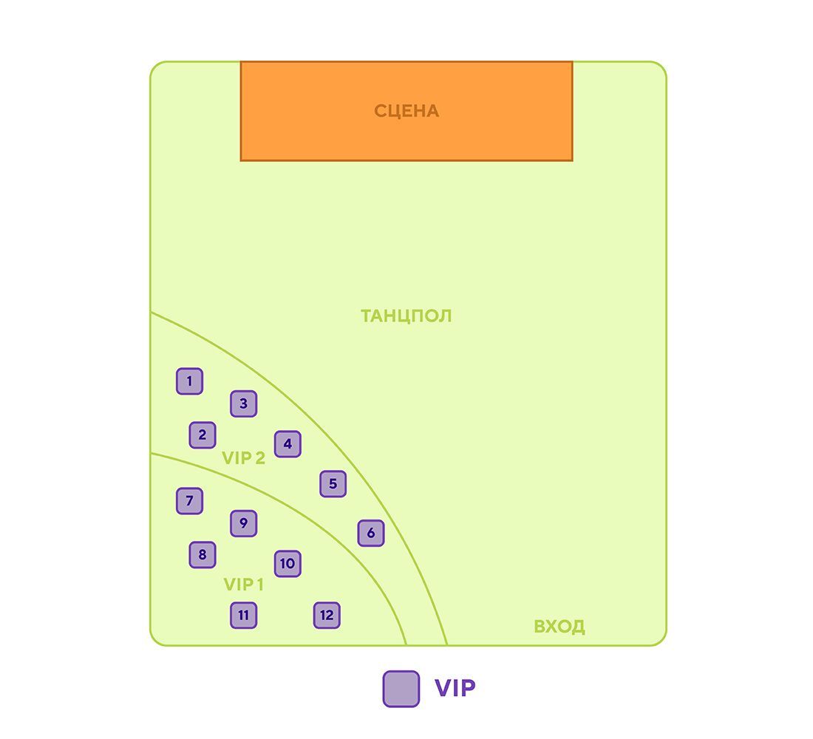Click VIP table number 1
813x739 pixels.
tap(189, 381)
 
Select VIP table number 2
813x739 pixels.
tap(203, 435)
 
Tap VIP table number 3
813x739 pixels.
tap(244, 403)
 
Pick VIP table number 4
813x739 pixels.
tap(288, 444)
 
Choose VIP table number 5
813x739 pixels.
tap(333, 484)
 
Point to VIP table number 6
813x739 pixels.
tap(371, 533)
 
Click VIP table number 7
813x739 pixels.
tap(189, 501)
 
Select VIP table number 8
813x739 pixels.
tap(203, 555)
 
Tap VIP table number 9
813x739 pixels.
tap(244, 523)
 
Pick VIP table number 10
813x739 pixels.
tap(288, 564)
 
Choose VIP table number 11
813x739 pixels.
tap(244, 615)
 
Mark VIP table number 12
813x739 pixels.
tap(327, 615)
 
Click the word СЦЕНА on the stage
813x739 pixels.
tap(406, 111)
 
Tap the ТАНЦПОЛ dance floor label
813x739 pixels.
tap(406, 316)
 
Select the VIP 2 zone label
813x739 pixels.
tap(244, 458)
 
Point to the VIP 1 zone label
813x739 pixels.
tap(244, 585)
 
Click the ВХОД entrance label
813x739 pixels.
tap(559, 627)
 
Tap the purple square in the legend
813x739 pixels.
tap(401, 689)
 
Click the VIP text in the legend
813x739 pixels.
tap(455, 688)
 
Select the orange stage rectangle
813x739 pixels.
tap(406, 111)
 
